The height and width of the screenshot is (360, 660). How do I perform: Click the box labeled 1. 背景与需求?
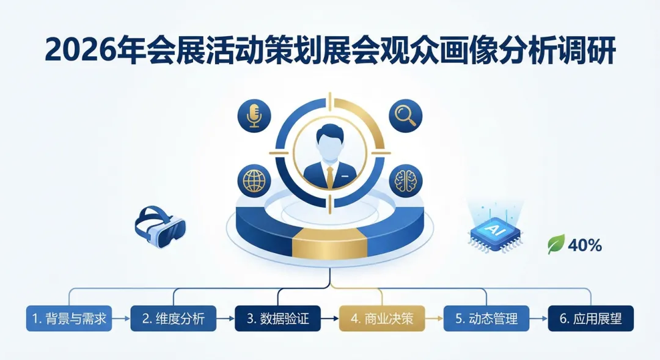[69, 318]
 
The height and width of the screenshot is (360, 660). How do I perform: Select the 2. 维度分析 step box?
[173, 318]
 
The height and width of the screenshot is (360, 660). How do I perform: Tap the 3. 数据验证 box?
[278, 318]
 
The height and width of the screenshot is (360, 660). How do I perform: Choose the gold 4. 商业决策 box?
[381, 318]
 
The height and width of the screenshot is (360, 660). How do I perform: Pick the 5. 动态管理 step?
[486, 318]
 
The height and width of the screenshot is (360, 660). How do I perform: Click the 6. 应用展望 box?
[590, 318]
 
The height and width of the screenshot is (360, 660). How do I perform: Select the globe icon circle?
[252, 181]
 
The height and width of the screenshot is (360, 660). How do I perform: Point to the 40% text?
[585, 246]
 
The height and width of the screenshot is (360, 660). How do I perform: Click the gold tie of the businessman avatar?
[330, 176]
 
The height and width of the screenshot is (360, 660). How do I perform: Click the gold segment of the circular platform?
[330, 244]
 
